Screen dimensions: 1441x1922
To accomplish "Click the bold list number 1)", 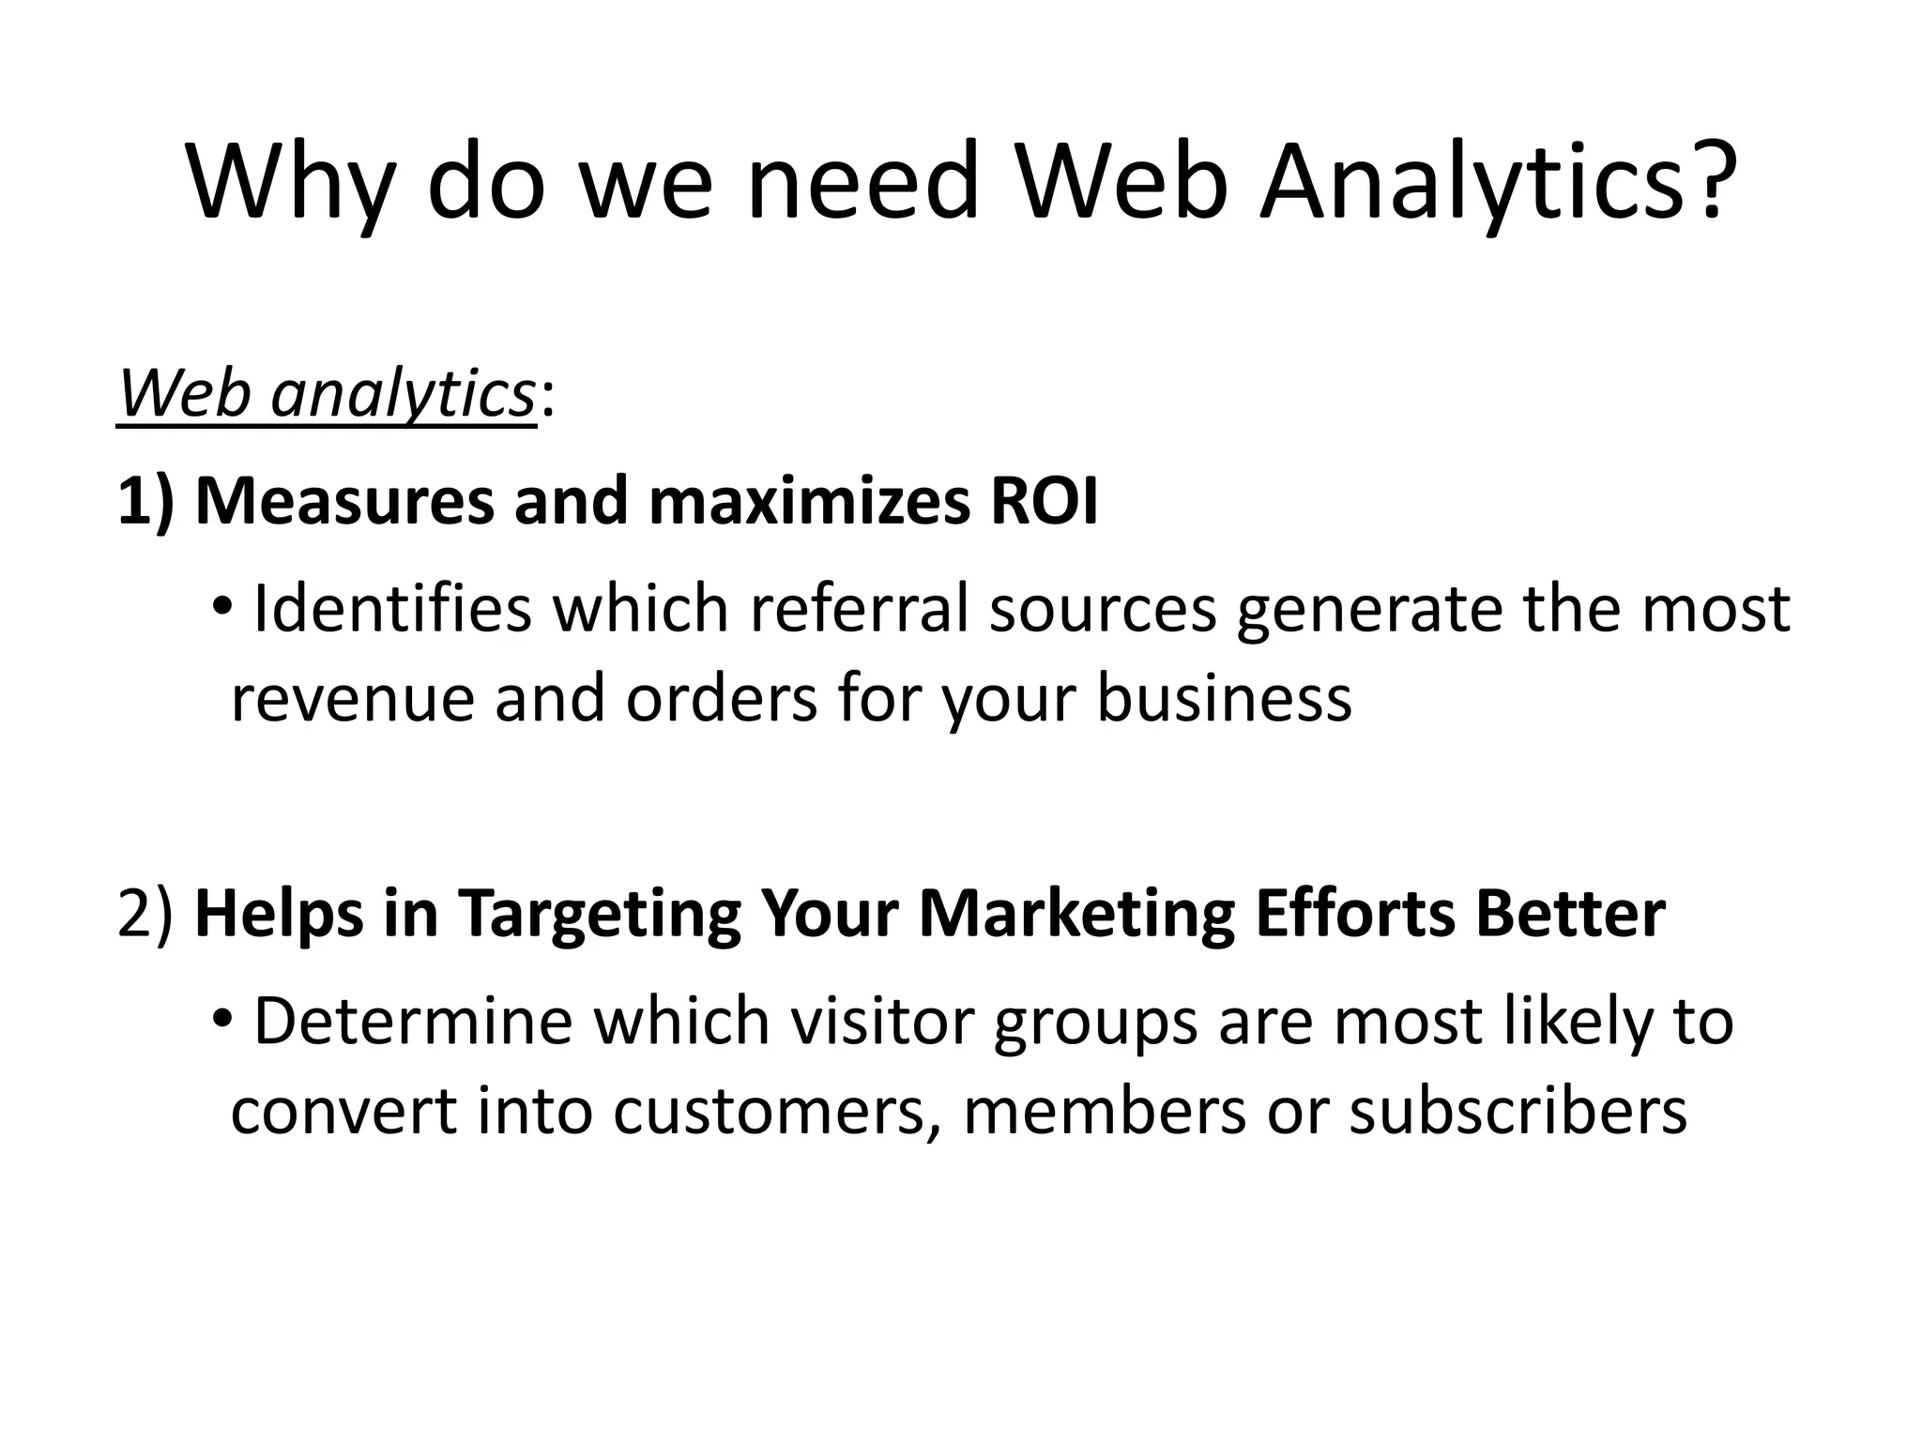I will [146, 502].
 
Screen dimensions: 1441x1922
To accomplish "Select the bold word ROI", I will [1044, 502].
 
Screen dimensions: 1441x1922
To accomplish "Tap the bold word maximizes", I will [808, 502].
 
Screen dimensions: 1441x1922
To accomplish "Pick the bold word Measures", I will [343, 502].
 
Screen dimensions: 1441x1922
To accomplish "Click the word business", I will [1224, 700].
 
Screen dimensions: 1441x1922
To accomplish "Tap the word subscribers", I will [1518, 1112].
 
